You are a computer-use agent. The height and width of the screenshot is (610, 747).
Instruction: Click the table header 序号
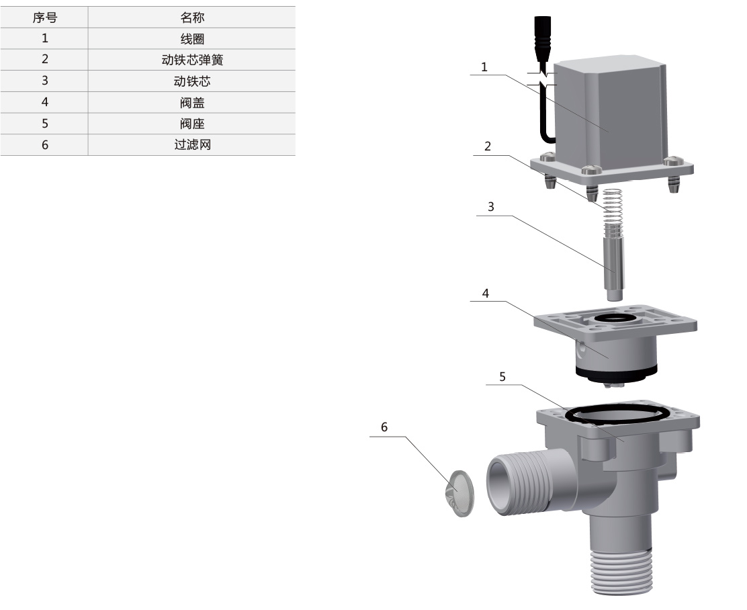(45, 17)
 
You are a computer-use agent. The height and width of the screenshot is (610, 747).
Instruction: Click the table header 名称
(192, 17)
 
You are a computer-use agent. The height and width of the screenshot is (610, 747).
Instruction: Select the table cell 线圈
(192, 38)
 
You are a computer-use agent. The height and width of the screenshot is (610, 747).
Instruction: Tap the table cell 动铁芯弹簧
(192, 60)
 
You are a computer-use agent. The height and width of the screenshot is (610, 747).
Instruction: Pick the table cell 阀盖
(192, 103)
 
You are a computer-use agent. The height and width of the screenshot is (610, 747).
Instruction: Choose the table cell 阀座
(192, 124)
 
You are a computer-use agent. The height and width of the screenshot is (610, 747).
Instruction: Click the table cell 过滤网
(192, 144)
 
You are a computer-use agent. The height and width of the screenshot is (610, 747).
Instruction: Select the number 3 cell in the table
(45, 81)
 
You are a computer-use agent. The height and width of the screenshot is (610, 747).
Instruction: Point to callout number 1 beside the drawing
(484, 67)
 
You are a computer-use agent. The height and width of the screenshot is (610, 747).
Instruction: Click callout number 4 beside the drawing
(486, 293)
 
